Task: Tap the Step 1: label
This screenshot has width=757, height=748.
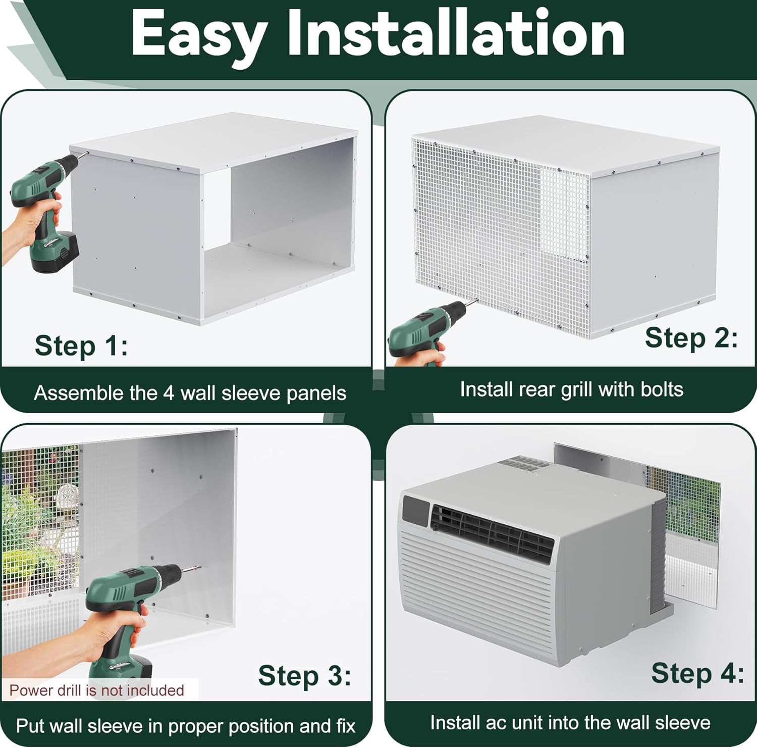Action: pyautogui.click(x=81, y=346)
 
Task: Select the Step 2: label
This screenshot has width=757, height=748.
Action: pyautogui.click(x=691, y=337)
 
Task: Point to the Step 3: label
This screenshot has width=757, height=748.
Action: pyautogui.click(x=304, y=675)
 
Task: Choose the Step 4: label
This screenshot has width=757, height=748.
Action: pyautogui.click(x=697, y=673)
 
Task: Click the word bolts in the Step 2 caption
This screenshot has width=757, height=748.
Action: pyautogui.click(x=662, y=389)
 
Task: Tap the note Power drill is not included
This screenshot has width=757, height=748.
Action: pyautogui.click(x=97, y=690)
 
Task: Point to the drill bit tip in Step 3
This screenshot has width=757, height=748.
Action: pyautogui.click(x=200, y=567)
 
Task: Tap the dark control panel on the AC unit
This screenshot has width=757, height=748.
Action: pyautogui.click(x=415, y=510)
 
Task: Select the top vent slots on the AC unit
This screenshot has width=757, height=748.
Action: pyautogui.click(x=523, y=464)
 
